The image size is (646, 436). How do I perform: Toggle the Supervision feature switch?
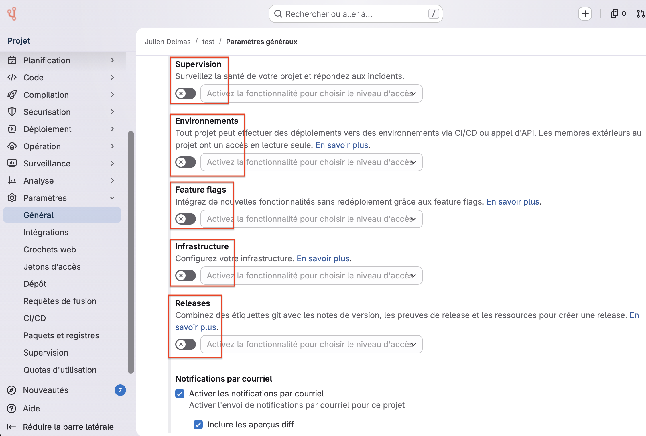[186, 93]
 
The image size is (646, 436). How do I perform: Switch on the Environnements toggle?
[186, 162]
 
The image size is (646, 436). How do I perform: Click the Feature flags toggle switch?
[186, 219]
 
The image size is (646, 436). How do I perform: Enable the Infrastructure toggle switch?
[186, 276]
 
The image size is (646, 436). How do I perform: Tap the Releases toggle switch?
[186, 344]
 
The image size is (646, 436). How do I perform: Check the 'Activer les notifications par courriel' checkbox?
[180, 394]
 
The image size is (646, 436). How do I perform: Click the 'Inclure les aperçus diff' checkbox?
[198, 425]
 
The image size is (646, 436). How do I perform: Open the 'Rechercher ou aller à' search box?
[356, 14]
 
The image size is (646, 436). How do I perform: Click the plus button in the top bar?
[585, 14]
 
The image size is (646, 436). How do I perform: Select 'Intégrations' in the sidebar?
[46, 232]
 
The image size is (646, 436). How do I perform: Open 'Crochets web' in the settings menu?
[50, 250]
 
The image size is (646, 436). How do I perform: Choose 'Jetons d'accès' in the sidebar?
[52, 267]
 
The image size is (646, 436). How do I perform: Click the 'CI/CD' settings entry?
[35, 318]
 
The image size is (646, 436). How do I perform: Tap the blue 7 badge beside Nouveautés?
[120, 390]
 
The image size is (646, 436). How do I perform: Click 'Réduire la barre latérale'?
[68, 427]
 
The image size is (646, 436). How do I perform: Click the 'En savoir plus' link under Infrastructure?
[323, 258]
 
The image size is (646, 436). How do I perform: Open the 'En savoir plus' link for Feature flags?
[513, 202]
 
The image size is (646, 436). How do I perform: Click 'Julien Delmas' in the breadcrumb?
[168, 42]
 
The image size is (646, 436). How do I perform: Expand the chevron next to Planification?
[112, 60]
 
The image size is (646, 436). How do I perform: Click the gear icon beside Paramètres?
[12, 198]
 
